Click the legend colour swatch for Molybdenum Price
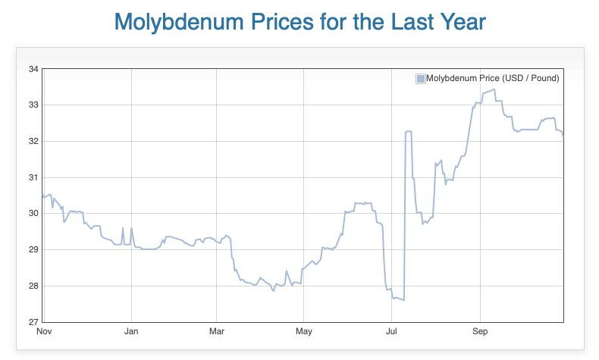pos(421,78)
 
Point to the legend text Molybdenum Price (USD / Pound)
pos(493,78)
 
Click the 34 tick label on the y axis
pos(33,69)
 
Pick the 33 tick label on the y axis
pos(33,105)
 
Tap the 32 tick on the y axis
pos(33,141)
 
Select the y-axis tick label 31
pos(33,177)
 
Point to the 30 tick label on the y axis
pos(33,213)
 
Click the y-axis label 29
pos(33,249)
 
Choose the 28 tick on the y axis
pos(33,286)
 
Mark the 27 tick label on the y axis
pos(33,321)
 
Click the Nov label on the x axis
pos(45,331)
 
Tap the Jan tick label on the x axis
pos(131,331)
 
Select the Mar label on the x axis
pos(217,331)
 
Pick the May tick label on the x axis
pos(304,331)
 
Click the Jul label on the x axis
pos(392,331)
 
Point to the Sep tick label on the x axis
pos(479,331)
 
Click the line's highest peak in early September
pos(494,89)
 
